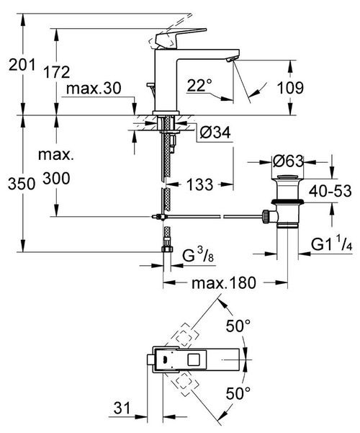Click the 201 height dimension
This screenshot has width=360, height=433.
click(x=20, y=65)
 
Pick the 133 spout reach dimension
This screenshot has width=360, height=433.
click(x=202, y=184)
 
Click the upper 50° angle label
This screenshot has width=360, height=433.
click(x=239, y=326)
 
